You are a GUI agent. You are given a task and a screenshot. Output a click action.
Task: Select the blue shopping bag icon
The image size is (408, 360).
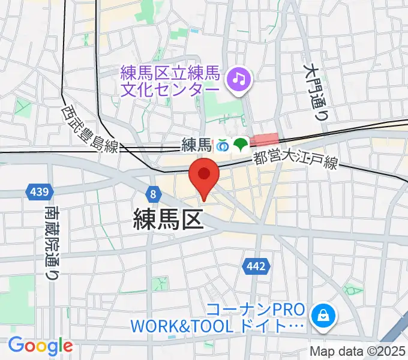tap(323, 314)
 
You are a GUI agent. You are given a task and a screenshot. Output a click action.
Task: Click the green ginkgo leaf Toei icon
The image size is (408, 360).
tap(241, 145)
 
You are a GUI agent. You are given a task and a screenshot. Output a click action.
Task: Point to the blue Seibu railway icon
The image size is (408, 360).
tap(223, 145)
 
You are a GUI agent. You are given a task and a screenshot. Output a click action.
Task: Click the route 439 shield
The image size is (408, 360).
tap(38, 192)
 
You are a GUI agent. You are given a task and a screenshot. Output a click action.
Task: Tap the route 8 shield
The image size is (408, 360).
tap(154, 193)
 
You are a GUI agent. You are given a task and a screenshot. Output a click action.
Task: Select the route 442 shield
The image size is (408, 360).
tap(253, 265)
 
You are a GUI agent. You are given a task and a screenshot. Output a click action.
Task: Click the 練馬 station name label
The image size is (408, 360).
tap(197, 145)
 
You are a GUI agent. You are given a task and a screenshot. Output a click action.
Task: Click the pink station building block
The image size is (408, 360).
tap(265, 140)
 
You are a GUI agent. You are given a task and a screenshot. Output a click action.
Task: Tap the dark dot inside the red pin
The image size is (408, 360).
tap(204, 173)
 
